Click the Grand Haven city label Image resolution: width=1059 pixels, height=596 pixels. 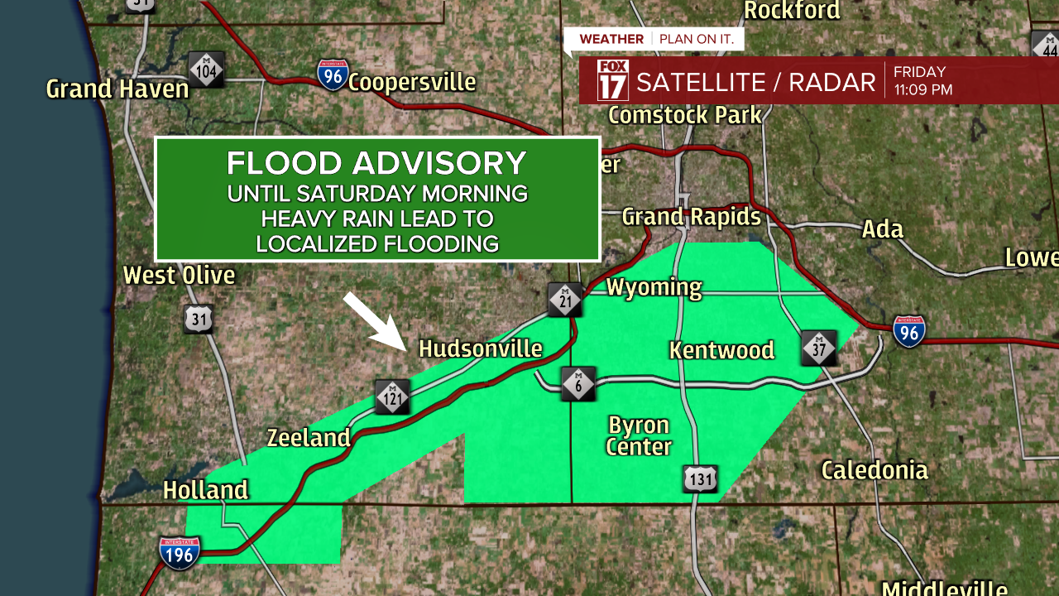(117, 89)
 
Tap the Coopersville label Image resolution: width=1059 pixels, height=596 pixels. (412, 83)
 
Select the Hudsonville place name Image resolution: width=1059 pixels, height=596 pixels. (481, 348)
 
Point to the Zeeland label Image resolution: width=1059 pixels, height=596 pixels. (309, 437)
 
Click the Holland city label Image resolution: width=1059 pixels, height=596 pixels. (205, 490)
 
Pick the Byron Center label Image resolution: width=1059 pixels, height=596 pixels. (639, 436)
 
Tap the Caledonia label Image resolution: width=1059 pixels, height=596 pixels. (875, 471)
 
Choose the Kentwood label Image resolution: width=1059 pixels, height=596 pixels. (721, 350)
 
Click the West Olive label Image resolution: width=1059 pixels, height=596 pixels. (180, 275)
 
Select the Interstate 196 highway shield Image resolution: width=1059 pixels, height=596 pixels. (180, 553)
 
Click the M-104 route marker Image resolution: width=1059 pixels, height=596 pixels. (206, 70)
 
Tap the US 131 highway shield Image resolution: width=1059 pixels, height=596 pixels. (700, 478)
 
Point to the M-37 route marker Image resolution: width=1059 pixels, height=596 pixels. (819, 348)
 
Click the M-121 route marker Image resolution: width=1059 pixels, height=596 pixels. (392, 397)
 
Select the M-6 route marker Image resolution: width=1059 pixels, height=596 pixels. (577, 384)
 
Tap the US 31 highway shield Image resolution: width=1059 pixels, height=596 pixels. (199, 319)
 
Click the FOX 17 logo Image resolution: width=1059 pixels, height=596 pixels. (612, 80)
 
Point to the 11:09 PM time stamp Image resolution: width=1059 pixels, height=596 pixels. (922, 89)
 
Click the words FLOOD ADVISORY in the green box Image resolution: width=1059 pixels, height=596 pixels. (376, 163)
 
